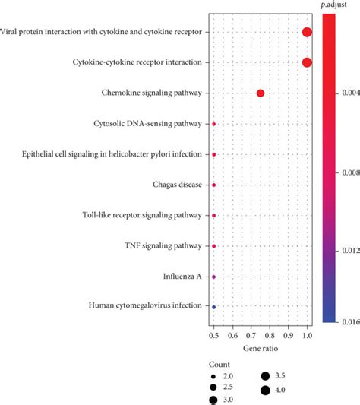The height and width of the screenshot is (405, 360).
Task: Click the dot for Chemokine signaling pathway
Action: pos(261,93)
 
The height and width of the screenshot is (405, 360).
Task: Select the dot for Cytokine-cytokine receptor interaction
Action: pos(307,62)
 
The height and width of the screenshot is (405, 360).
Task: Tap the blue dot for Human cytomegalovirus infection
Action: pos(214,307)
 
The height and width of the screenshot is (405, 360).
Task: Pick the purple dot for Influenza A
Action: pos(214,277)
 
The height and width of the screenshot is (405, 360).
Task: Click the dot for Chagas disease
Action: pos(214,185)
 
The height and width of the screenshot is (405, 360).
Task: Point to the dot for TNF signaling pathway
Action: pos(214,246)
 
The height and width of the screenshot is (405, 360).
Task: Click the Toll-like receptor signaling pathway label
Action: pos(142,215)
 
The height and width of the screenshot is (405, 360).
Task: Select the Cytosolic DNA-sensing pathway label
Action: pos(148,123)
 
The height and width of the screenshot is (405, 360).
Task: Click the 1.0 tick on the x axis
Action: pos(307,334)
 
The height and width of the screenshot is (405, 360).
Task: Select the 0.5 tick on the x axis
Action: pos(214,334)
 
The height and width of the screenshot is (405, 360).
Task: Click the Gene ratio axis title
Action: pos(261,347)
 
